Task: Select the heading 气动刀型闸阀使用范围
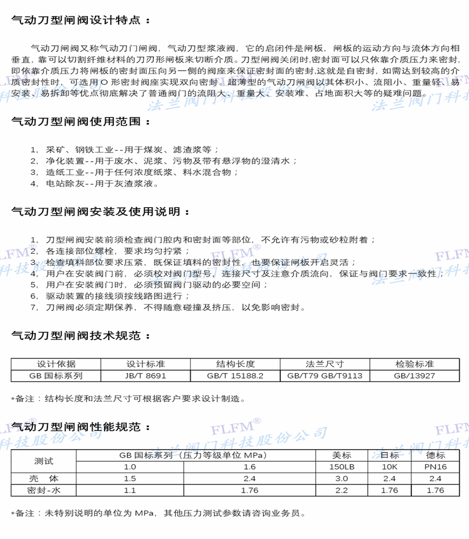coord(81,122)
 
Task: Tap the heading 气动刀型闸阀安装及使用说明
coord(100,211)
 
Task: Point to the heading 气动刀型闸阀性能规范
coord(81,427)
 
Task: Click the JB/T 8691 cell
coord(146,375)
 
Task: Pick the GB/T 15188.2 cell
coord(235,375)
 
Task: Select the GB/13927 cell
coord(415,375)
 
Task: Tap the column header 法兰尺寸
coord(325,364)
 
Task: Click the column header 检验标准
coord(415,364)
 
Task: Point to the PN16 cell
coord(435,467)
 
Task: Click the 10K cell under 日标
coord(389,467)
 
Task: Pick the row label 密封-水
coord(44,490)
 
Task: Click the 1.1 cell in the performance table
coord(130,490)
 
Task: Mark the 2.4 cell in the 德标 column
coord(435,479)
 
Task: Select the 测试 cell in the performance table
coord(44,461)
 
